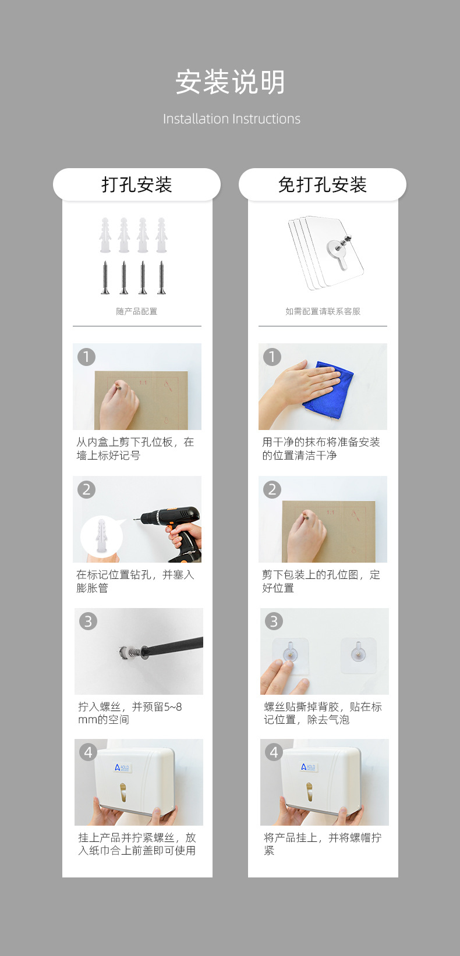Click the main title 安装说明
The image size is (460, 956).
click(x=230, y=82)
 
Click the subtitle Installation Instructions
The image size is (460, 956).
click(x=232, y=119)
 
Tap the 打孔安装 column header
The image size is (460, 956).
click(x=137, y=185)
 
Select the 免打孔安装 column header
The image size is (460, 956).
click(x=323, y=185)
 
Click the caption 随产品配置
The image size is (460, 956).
click(x=137, y=311)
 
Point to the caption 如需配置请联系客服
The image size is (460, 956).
click(x=323, y=311)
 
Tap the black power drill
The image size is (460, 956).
click(x=175, y=531)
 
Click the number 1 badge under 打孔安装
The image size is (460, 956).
click(x=86, y=357)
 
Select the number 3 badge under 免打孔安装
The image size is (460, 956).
click(x=274, y=621)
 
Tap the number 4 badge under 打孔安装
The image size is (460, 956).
click(x=88, y=752)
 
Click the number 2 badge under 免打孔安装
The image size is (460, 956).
click(x=272, y=489)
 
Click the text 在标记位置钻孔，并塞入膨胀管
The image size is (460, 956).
click(x=135, y=581)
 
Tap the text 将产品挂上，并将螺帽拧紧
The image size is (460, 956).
click(x=323, y=844)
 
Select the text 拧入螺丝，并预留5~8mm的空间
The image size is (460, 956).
click(x=130, y=713)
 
